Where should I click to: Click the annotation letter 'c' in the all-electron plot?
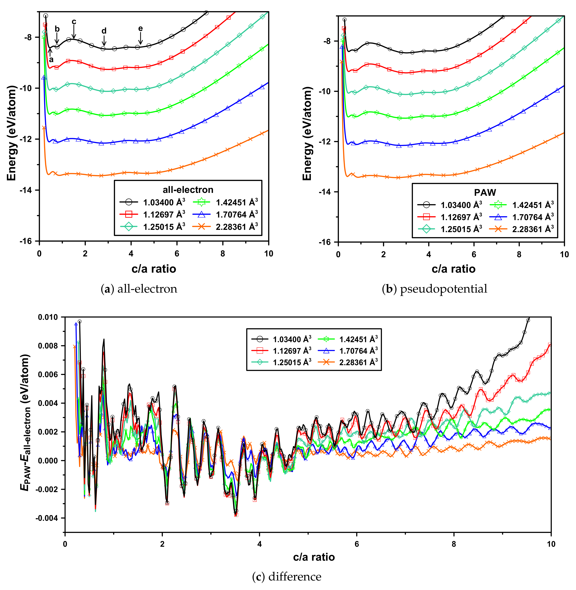pyautogui.click(x=74, y=22)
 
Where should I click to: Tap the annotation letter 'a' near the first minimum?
pyautogui.click(x=51, y=60)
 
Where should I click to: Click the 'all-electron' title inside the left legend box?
pyautogui.click(x=188, y=190)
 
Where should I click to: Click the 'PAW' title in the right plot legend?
pyautogui.click(x=485, y=192)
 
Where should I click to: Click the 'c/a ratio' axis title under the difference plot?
pyautogui.click(x=314, y=557)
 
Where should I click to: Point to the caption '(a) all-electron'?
pyautogui.click(x=139, y=289)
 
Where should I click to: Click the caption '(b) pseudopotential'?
pyautogui.click(x=434, y=289)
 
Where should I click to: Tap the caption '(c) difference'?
pyautogui.click(x=287, y=577)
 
